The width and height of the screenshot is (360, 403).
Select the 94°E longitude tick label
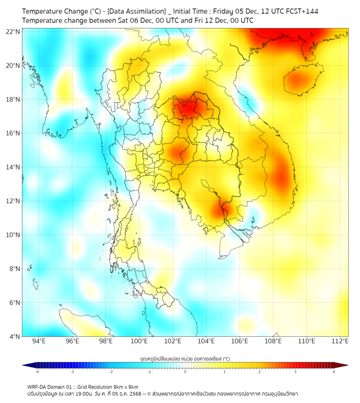[x=39, y=341]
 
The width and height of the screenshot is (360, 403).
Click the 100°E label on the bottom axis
[x=140, y=341]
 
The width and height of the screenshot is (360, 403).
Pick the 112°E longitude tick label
[x=340, y=341]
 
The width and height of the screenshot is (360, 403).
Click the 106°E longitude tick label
[x=240, y=341]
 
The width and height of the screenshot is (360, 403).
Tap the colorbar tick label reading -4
[x=36, y=372]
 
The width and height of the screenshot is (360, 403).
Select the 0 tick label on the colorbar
[x=185, y=372]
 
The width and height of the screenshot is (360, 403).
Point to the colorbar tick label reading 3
[x=296, y=372]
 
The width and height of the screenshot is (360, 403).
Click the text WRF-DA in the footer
[x=36, y=386]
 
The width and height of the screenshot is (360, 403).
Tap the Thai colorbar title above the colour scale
[x=185, y=358]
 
